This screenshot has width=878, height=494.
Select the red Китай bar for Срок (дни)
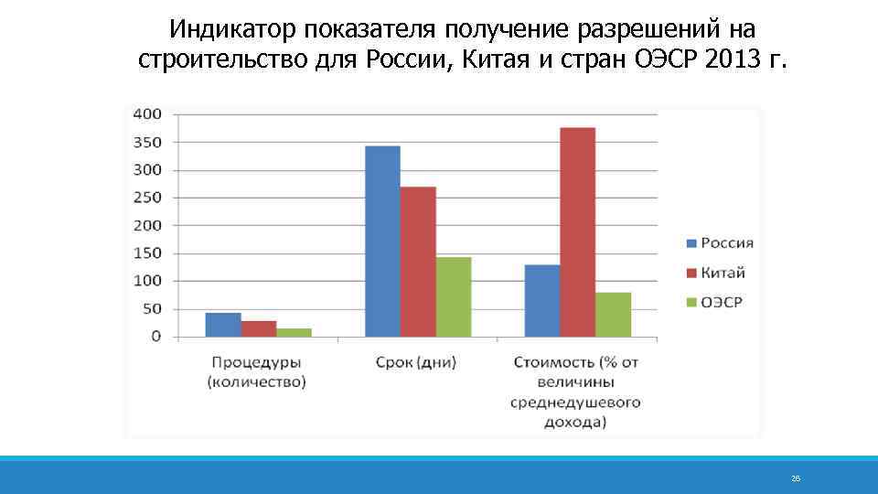point(418,262)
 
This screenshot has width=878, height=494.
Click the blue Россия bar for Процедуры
point(223,325)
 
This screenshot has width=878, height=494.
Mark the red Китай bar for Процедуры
point(259,328)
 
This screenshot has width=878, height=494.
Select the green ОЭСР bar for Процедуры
point(294,332)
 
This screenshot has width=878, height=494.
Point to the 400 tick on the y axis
point(147,114)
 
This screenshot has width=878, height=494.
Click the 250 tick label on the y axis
point(147,198)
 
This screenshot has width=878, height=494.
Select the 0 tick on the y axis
point(155,337)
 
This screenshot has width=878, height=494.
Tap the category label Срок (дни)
point(416,362)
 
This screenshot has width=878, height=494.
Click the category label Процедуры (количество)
point(257,372)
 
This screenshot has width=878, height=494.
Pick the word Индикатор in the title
point(233,29)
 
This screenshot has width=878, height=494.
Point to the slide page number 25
point(796,478)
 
